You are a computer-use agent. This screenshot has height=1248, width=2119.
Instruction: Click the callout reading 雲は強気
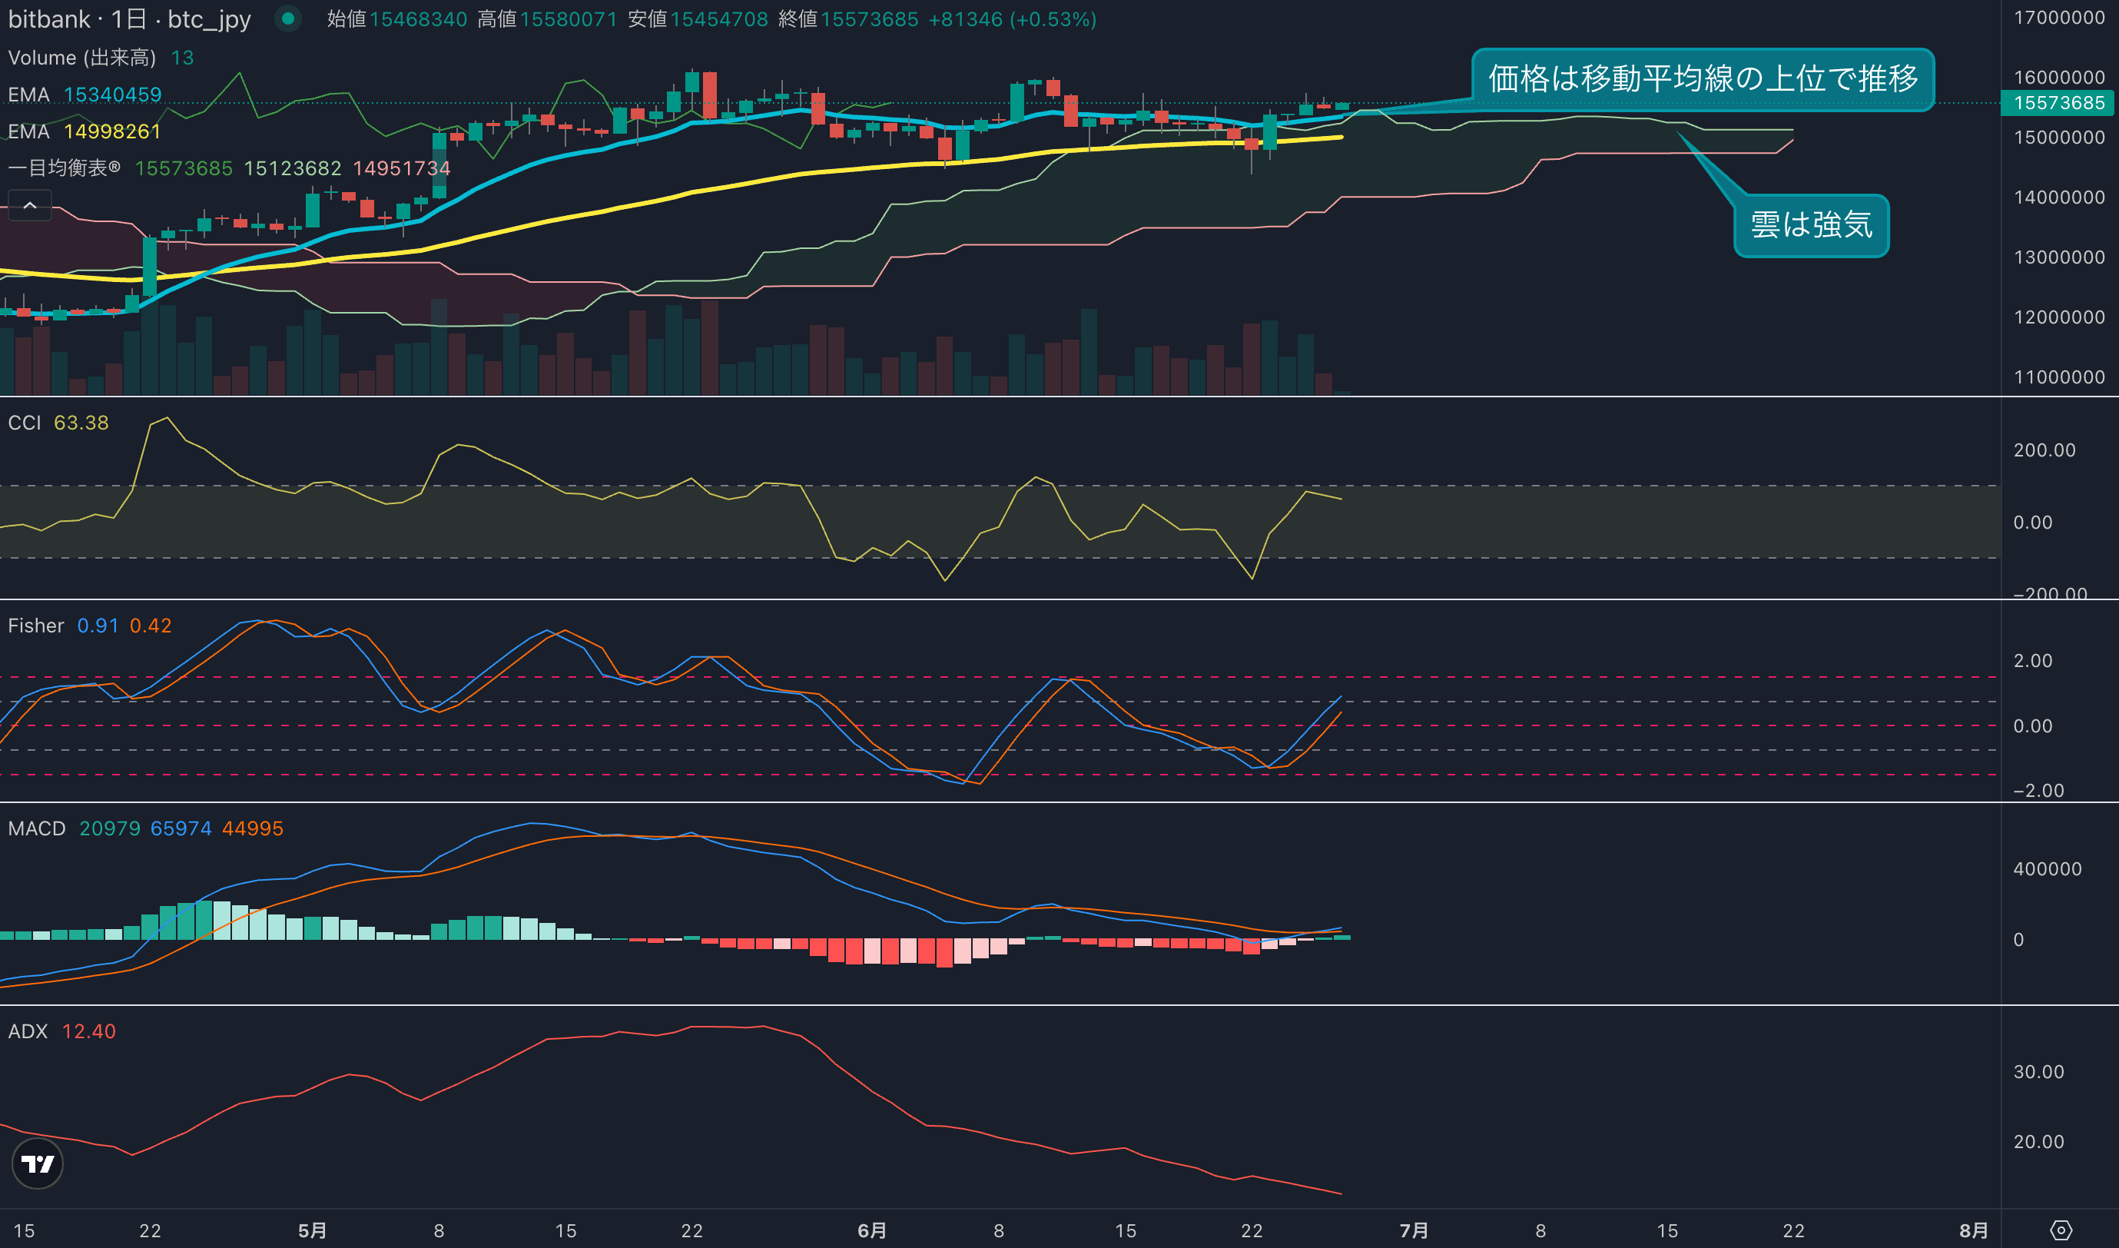click(x=1810, y=225)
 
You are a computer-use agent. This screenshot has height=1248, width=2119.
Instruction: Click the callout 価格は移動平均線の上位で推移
click(x=1702, y=79)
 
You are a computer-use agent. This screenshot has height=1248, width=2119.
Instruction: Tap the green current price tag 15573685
click(x=2058, y=104)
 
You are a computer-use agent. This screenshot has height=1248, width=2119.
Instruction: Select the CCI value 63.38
click(x=81, y=423)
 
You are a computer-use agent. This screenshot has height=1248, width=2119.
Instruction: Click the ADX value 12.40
click(x=88, y=1031)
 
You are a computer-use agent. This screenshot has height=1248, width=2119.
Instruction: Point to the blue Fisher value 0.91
click(x=98, y=626)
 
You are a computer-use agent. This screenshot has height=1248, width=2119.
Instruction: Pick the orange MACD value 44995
click(x=252, y=828)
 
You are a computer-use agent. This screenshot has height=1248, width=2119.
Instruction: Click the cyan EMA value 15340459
click(x=113, y=95)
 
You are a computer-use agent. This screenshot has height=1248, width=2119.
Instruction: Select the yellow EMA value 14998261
click(x=112, y=132)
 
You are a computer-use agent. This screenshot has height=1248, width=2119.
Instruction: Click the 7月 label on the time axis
click(x=1414, y=1230)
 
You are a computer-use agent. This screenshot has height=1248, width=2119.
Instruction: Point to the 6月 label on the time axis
click(x=872, y=1230)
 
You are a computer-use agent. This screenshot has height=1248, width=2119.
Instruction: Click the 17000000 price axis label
click(x=2058, y=18)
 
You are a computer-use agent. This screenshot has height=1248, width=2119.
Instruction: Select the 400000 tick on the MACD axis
click(x=2047, y=868)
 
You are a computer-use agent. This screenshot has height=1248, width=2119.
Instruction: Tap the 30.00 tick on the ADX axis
click(x=2038, y=1071)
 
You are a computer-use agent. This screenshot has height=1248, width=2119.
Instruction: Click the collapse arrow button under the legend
click(x=29, y=205)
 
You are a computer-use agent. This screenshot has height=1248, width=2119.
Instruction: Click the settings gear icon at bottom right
click(x=2061, y=1230)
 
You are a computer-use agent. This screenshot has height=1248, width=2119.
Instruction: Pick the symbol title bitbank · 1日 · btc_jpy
click(x=130, y=19)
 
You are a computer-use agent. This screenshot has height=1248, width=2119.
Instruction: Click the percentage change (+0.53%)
click(x=1053, y=19)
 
